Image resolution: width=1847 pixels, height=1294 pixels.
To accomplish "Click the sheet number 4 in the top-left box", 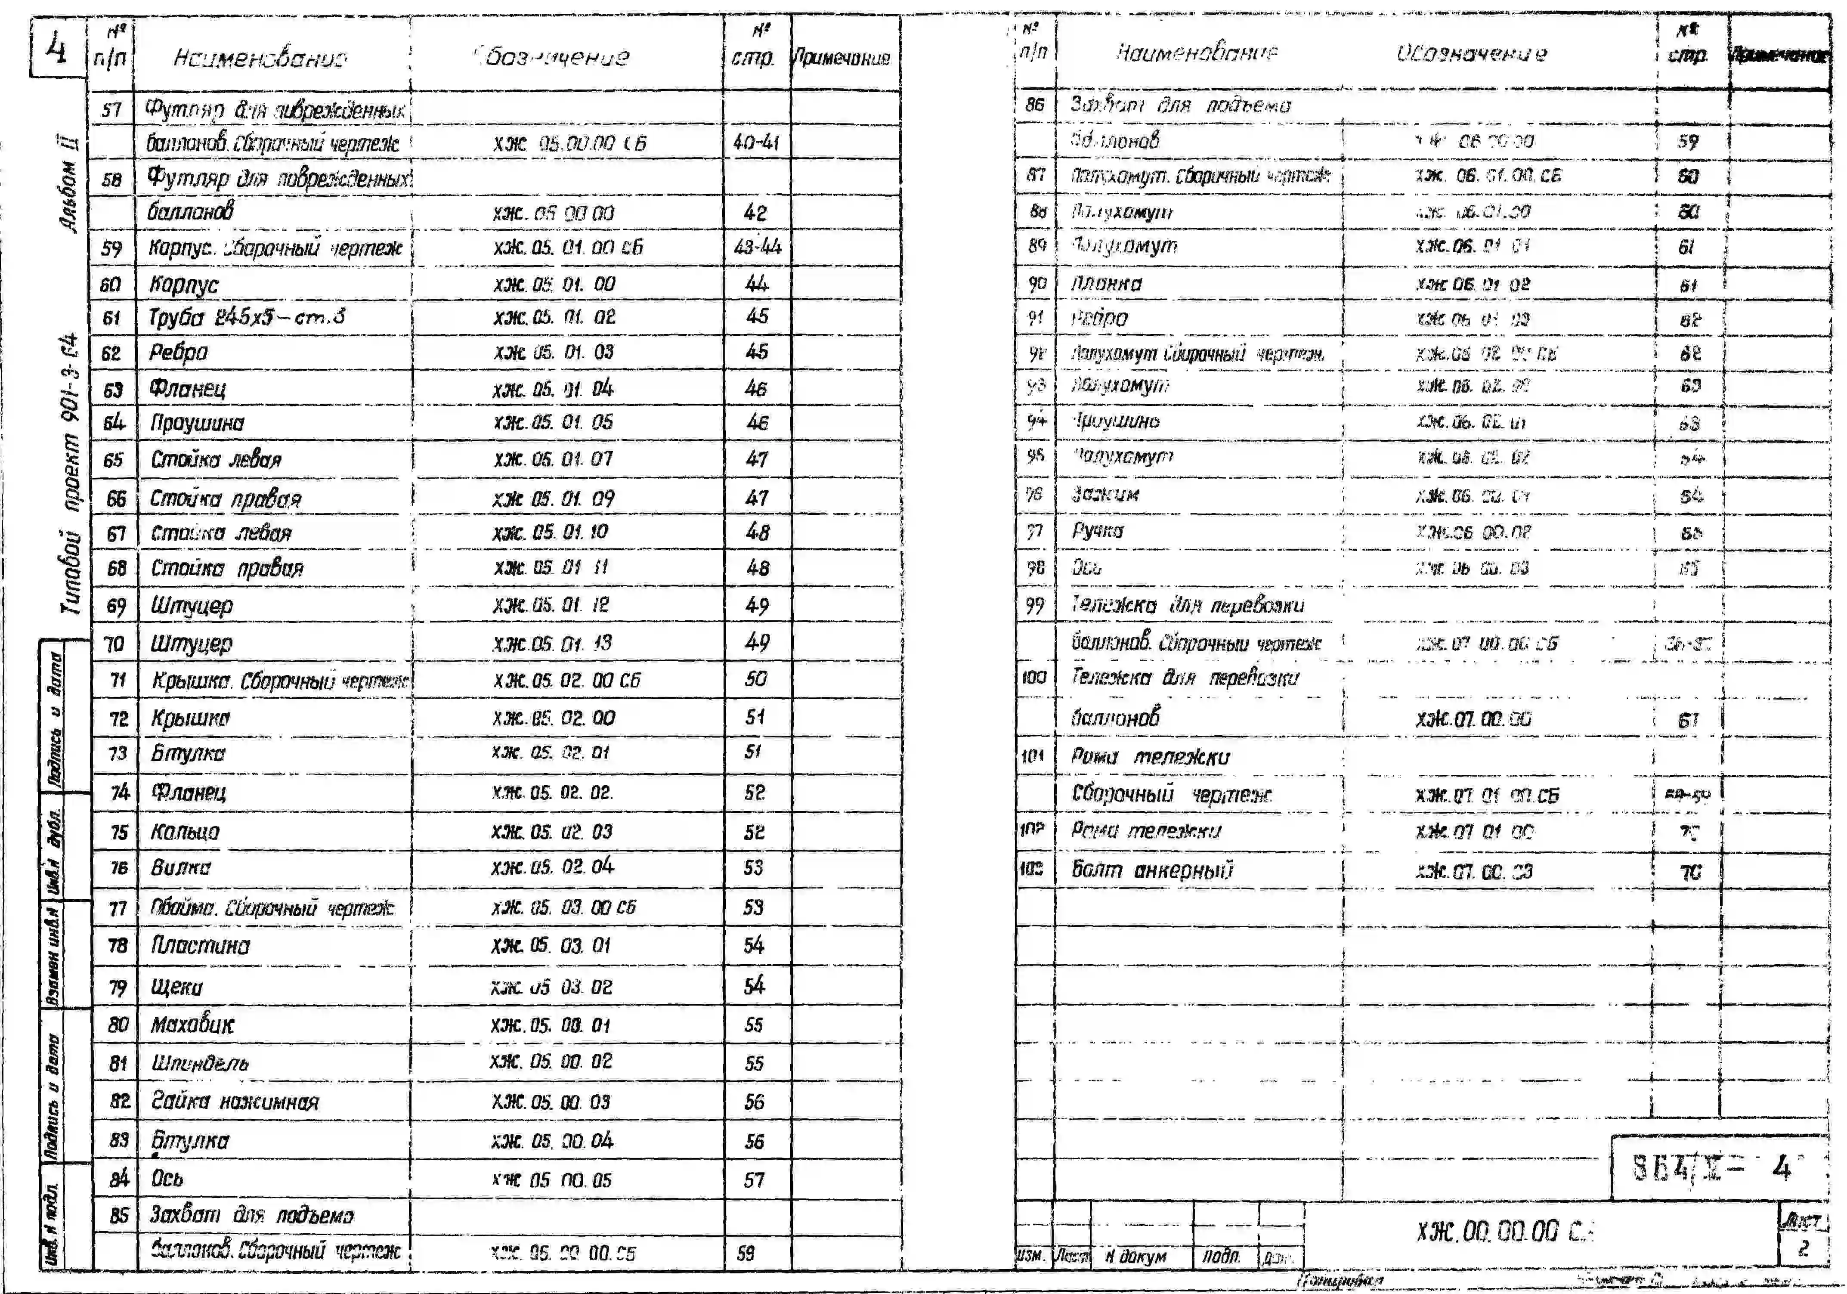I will coord(56,50).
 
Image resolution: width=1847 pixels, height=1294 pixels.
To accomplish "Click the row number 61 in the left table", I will coord(112,318).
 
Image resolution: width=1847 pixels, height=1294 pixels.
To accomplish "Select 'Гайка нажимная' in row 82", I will coord(235,1102).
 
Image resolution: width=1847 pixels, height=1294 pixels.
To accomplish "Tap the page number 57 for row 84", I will coord(754,1180).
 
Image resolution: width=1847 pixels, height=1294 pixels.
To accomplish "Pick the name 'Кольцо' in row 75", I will coord(185,831).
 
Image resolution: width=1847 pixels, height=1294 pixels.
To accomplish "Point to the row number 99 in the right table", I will coord(1034,605).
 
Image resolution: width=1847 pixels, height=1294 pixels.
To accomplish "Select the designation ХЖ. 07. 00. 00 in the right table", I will coord(1474,718).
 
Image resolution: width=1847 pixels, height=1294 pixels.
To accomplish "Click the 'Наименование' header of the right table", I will coord(1196,53).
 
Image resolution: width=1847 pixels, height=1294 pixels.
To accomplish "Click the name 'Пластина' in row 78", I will coord(200,946).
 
